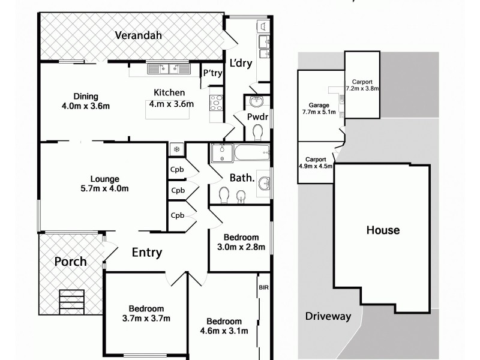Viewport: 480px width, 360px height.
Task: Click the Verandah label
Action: [x=139, y=35]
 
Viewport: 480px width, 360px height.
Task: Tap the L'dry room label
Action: [x=240, y=62]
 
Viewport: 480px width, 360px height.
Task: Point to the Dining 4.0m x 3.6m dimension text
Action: [x=86, y=101]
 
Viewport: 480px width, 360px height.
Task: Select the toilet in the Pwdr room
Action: [x=257, y=131]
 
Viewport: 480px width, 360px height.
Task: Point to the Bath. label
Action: [x=242, y=178]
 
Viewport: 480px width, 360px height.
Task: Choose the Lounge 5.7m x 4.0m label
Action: [x=105, y=184]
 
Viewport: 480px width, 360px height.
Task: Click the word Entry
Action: [x=146, y=253]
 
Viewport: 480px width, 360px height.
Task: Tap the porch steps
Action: [x=71, y=300]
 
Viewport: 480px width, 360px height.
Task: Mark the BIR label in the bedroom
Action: [x=264, y=287]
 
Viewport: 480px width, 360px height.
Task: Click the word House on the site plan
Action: [x=383, y=230]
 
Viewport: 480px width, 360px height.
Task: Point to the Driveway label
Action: [x=328, y=316]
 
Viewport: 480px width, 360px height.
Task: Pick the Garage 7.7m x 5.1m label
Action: [x=319, y=108]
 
